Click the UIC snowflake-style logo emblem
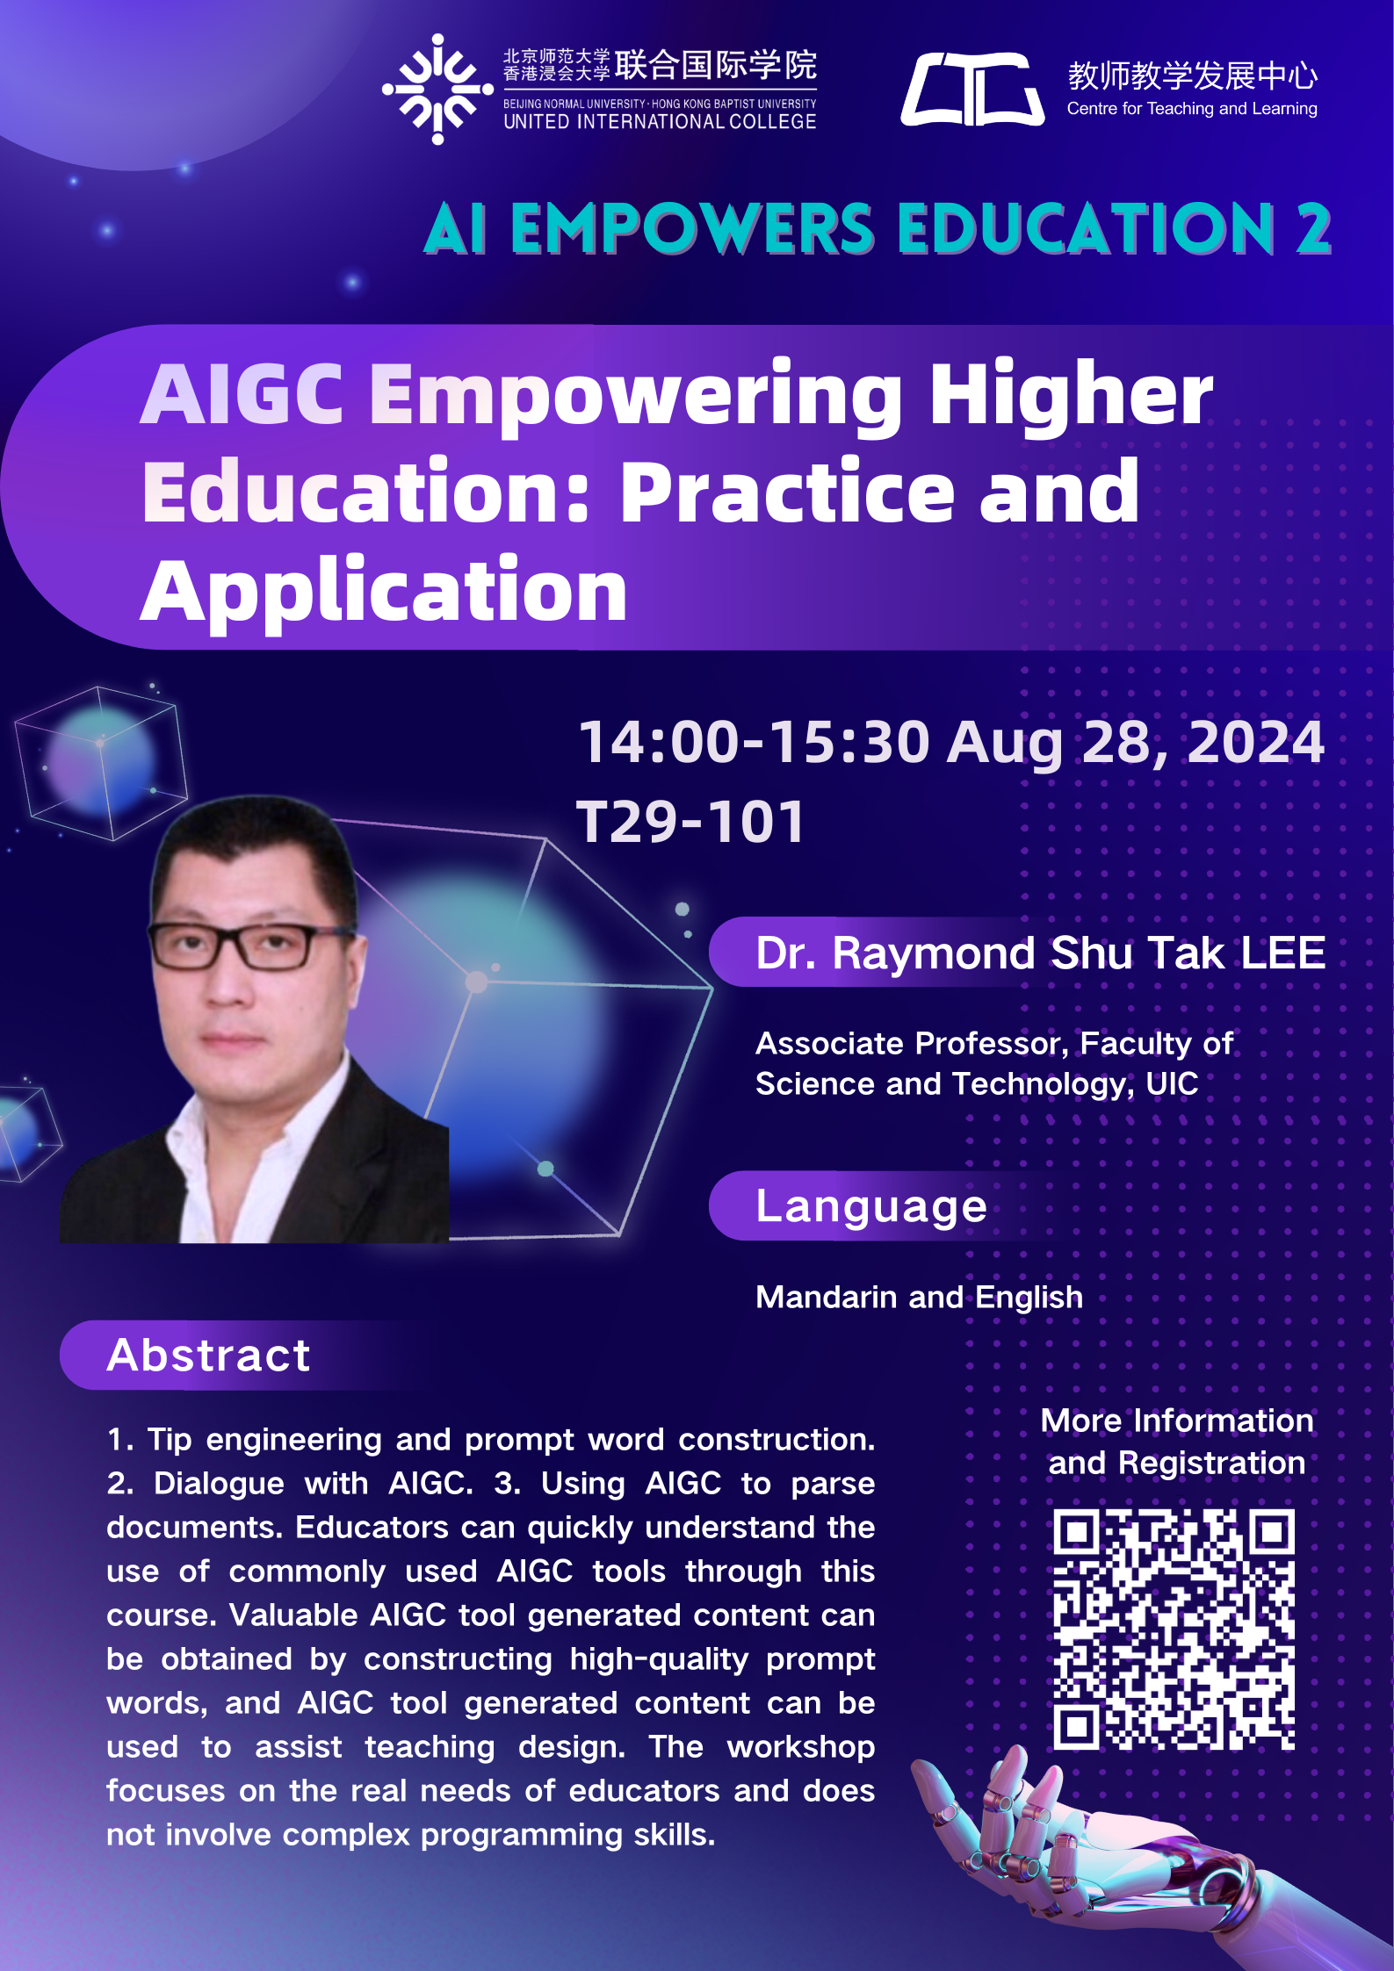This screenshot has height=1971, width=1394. coord(437,89)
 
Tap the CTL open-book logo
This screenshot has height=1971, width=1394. coord(972,89)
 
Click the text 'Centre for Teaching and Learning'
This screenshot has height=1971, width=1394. coord(1192,109)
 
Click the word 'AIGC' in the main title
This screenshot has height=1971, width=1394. coord(242,394)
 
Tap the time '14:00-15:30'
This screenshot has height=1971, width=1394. coord(754,743)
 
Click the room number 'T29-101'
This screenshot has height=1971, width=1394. coord(690,823)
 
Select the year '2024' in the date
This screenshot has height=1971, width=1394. coord(1256,743)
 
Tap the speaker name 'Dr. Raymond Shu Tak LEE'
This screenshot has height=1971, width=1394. coord(1041,953)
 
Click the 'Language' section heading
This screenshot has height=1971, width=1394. coord(871,1206)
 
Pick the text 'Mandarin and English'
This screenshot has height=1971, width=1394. coord(920,1297)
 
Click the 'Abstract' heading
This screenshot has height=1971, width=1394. coord(208,1355)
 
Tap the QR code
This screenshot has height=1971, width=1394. coord(1174,1629)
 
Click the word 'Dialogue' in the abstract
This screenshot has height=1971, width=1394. coord(219,1484)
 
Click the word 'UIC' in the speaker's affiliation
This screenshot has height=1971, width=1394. coord(1172,1083)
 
